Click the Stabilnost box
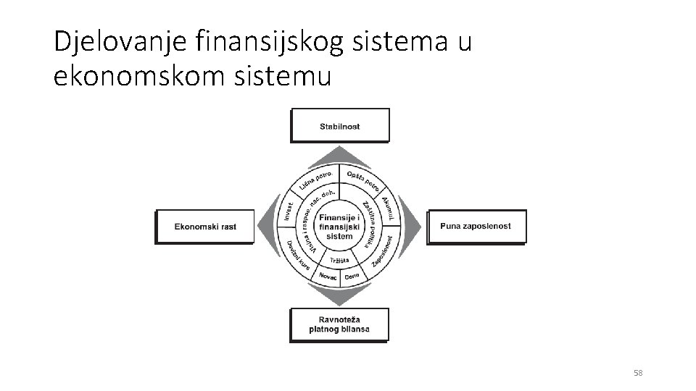pos(339,125)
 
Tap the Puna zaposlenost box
pos(476,226)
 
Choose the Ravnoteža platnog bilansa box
pos(339,324)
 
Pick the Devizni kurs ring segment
pos(299,256)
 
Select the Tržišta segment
pos(339,259)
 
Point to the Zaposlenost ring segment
pos(383,251)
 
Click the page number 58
pos(638,373)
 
